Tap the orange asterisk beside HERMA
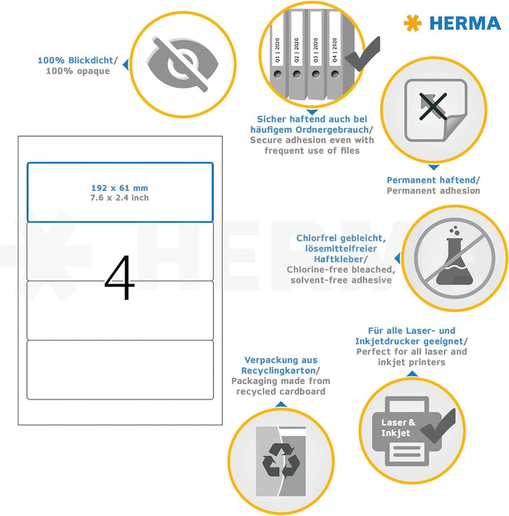pyautogui.click(x=411, y=23)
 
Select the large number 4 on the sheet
pyautogui.click(x=119, y=278)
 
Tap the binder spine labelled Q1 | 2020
pyautogui.click(x=277, y=55)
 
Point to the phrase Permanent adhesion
pyautogui.click(x=433, y=190)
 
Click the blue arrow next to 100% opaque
pyautogui.click(x=124, y=66)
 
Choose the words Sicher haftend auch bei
pyautogui.click(x=312, y=119)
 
